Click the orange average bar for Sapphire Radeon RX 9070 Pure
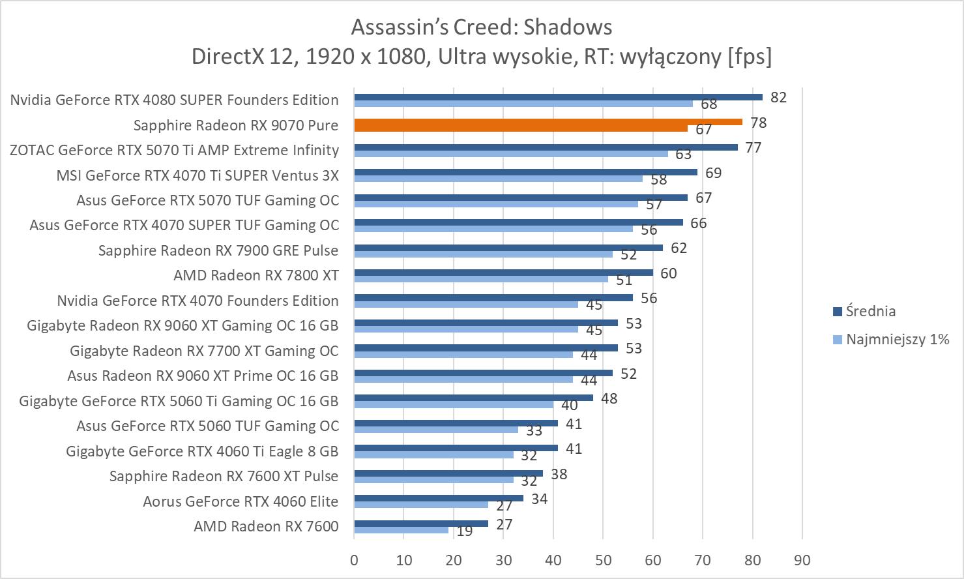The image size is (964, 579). point(548,122)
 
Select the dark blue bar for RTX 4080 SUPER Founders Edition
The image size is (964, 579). point(558,97)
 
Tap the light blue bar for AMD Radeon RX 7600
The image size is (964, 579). point(402,529)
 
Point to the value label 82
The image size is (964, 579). point(778,97)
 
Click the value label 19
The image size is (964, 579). point(464,531)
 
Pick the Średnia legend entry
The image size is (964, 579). point(870,311)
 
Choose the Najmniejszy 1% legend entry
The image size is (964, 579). point(897,339)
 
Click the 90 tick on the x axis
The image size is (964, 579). point(802,560)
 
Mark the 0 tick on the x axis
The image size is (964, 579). point(354,560)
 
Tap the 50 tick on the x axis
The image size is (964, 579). point(603,560)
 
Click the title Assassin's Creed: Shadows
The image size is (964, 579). point(482,27)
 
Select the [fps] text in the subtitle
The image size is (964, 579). point(750,57)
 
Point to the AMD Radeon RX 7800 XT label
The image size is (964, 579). point(256,275)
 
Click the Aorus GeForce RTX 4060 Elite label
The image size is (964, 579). point(241,501)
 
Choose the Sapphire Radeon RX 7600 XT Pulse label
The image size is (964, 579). point(224,476)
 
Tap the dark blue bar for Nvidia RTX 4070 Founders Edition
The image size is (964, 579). point(493,298)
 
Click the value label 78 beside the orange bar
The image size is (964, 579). point(758,123)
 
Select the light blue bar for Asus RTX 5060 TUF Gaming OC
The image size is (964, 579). point(436,429)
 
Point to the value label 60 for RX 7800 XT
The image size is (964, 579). point(668,273)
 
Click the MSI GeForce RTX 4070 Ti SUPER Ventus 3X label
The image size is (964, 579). point(197,175)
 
